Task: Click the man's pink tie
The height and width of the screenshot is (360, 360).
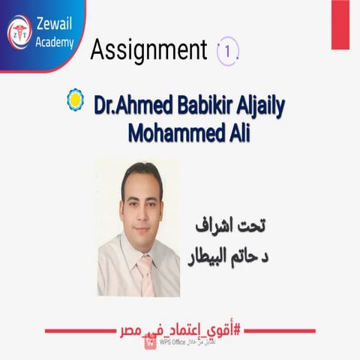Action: tap(144, 273)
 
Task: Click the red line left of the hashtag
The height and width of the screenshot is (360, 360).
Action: tap(82, 331)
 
